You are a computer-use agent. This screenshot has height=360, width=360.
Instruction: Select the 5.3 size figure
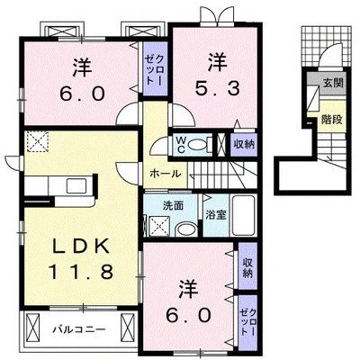point(217,87)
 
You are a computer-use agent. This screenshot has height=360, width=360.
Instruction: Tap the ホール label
point(162,171)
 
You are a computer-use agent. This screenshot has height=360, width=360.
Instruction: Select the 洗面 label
point(173,204)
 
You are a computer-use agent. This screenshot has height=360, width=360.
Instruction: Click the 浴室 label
point(216,216)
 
